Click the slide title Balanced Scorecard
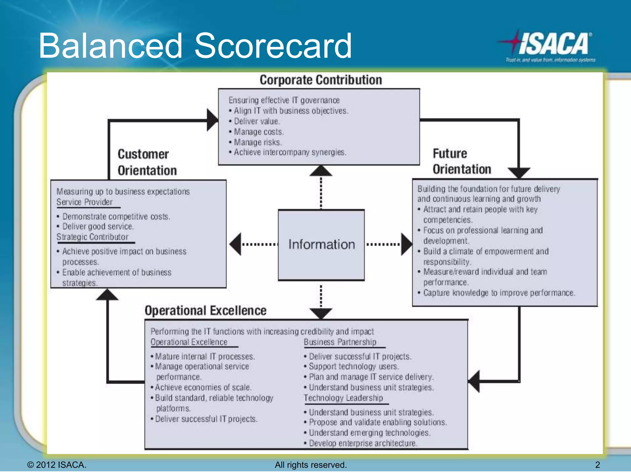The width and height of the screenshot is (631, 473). (195, 46)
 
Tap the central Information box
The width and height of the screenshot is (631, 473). (321, 245)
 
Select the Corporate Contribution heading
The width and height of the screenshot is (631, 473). (321, 80)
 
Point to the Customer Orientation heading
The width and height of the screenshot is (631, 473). (147, 162)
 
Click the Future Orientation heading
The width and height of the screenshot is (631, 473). (462, 161)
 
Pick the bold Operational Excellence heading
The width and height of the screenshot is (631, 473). (206, 310)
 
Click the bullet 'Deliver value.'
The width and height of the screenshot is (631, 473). (257, 121)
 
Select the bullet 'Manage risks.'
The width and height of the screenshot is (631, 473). (258, 142)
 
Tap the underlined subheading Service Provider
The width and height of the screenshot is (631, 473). (84, 202)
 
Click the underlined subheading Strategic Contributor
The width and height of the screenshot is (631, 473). (92, 237)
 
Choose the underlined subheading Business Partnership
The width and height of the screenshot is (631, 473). (340, 342)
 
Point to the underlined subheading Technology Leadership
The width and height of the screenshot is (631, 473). (343, 398)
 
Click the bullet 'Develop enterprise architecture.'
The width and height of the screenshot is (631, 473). (363, 443)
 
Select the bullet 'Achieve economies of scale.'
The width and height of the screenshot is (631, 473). (203, 387)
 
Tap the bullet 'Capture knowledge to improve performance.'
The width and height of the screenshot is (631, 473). (499, 293)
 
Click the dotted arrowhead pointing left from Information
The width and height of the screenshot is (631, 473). (236, 244)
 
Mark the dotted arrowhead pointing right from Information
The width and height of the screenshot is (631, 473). (406, 244)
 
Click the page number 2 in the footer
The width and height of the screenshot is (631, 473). (597, 465)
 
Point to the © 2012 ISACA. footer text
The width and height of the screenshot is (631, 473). (57, 465)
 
